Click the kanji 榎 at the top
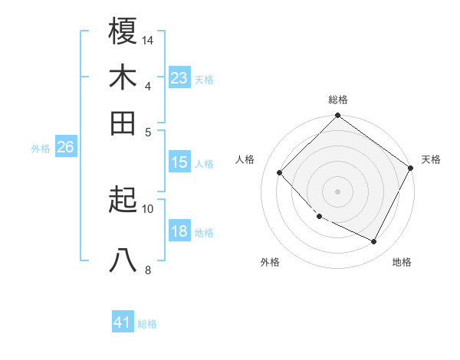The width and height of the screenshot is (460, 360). coord(123,32)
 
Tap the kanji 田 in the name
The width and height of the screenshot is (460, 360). coord(123,123)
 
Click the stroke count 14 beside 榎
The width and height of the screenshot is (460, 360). coord(149,40)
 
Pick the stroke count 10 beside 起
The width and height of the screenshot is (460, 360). coord(148,208)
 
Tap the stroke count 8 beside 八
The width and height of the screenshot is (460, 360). coord(148,269)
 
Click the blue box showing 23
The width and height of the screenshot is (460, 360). coord(179,78)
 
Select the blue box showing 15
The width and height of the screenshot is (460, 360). coord(179,162)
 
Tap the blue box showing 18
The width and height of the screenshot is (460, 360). coord(179,232)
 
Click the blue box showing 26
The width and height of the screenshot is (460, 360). coord(65,148)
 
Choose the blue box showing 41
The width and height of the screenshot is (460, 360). coord(122,322)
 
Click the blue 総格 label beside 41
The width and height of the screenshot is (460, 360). coord(147,324)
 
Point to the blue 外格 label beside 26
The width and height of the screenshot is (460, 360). coord(41,149)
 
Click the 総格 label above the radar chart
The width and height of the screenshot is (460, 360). coord(338,100)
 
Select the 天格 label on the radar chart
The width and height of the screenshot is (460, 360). coord(431,159)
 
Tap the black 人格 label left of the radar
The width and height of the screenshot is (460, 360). coord(245,159)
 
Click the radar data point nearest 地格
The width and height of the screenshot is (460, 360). coord(374,242)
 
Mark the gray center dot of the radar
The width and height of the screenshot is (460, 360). coord(337,191)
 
